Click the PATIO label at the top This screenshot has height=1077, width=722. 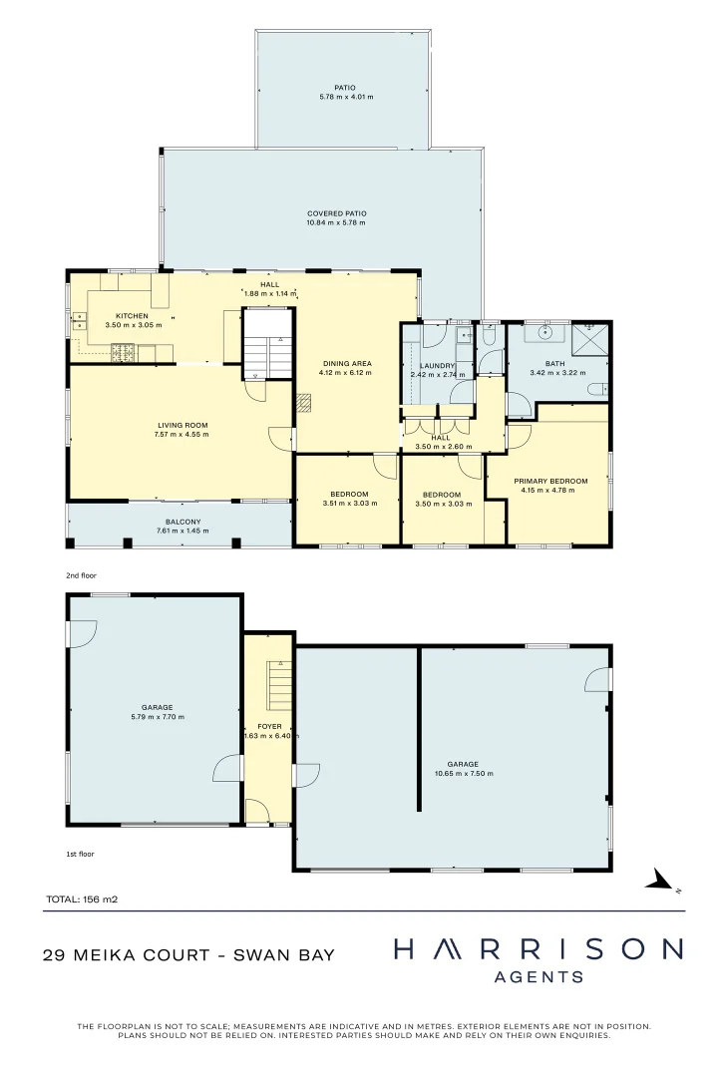(345, 87)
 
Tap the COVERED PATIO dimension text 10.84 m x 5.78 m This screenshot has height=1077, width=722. (336, 222)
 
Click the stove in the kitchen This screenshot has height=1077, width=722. (122, 351)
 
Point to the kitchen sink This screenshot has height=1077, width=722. (79, 321)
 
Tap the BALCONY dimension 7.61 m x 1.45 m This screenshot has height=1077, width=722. (179, 532)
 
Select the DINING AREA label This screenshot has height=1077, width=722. (345, 363)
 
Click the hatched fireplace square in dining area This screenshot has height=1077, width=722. (304, 402)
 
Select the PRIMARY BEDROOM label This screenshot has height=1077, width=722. (550, 481)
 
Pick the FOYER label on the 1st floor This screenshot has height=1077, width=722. (269, 726)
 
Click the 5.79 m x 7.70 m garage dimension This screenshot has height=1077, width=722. (157, 717)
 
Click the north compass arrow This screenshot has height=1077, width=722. (657, 879)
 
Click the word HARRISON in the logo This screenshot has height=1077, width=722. (539, 949)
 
